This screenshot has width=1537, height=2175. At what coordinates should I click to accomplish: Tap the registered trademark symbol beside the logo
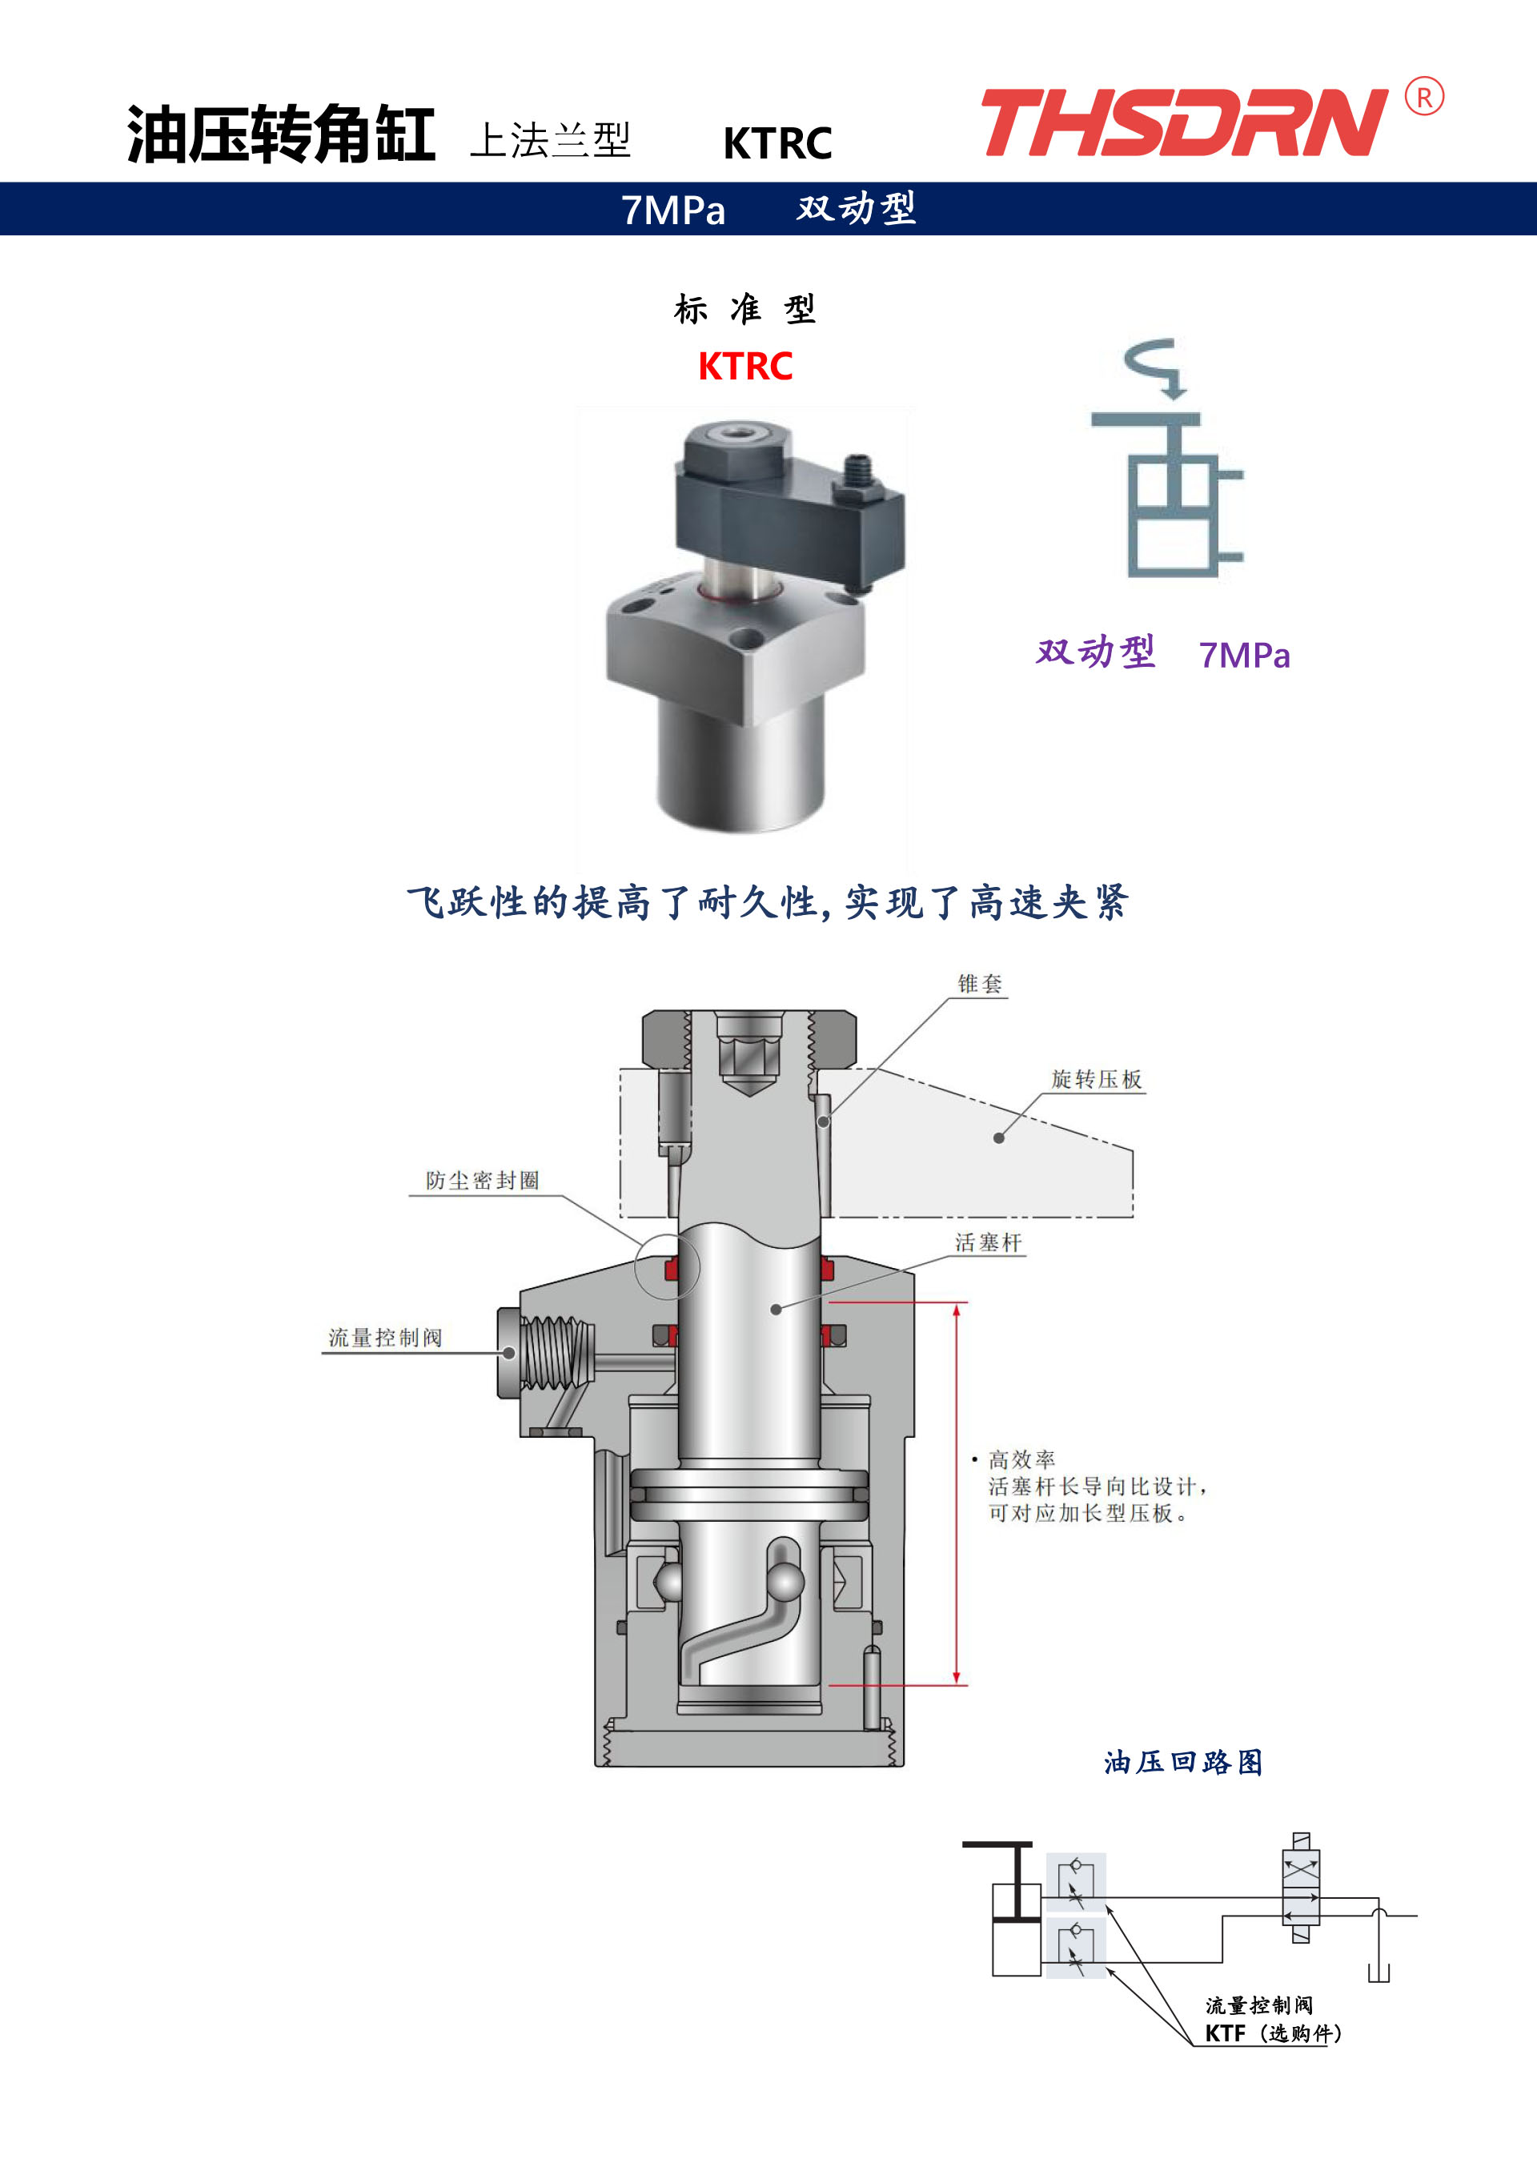click(x=1424, y=97)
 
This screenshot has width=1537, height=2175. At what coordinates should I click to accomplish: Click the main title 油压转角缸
click(x=282, y=134)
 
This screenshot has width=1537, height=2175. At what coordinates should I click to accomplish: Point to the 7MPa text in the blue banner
click(x=672, y=211)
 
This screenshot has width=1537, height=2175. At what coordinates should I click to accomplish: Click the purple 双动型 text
click(x=1095, y=652)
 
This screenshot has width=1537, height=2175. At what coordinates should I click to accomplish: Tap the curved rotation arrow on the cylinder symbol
click(x=1154, y=367)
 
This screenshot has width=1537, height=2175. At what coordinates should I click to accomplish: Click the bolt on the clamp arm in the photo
click(x=857, y=479)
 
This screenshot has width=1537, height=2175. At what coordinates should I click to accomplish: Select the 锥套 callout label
click(x=980, y=983)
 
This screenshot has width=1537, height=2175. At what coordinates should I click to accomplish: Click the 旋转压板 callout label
click(x=1097, y=1079)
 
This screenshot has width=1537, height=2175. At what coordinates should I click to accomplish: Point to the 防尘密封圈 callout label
click(x=483, y=1180)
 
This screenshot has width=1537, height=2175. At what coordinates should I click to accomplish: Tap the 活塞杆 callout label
click(x=989, y=1243)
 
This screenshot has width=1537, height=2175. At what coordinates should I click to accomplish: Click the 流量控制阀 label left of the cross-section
click(x=386, y=1338)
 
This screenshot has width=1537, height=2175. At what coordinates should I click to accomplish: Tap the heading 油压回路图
click(x=1183, y=1762)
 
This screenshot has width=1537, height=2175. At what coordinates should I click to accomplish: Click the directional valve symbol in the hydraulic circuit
click(x=1301, y=1888)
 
